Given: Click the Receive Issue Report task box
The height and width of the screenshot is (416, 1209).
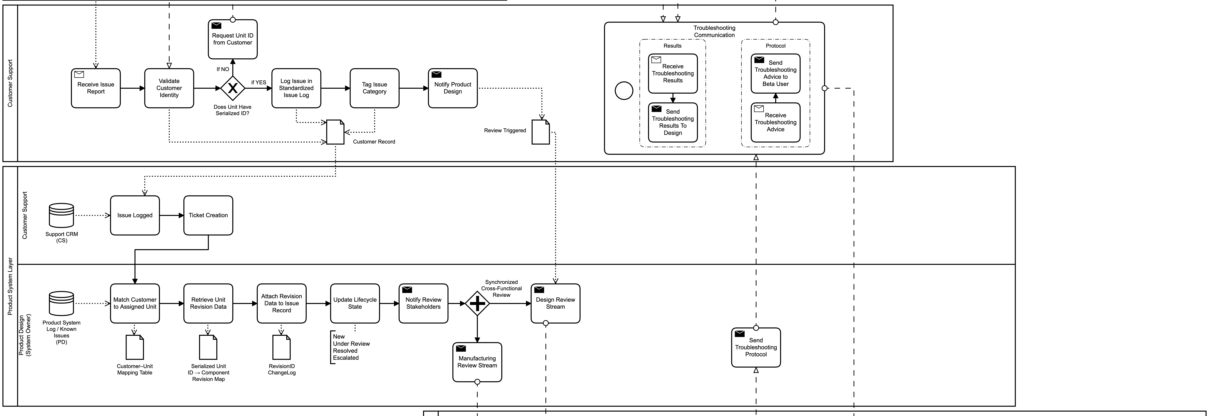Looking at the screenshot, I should pyautogui.click(x=96, y=88).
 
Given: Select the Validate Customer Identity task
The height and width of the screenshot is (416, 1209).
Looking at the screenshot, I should pyautogui.click(x=169, y=88).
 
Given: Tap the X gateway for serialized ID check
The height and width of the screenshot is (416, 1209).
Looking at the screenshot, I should pyautogui.click(x=232, y=88).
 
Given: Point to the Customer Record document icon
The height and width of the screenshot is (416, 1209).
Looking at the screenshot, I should pyautogui.click(x=335, y=132).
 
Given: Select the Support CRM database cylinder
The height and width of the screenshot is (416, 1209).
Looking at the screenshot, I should pyautogui.click(x=61, y=216).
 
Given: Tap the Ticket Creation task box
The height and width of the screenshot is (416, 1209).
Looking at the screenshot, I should pyautogui.click(x=208, y=216).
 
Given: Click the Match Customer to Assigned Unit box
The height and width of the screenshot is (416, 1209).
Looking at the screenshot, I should pyautogui.click(x=135, y=303).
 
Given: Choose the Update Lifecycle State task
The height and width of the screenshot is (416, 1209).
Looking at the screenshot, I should pyautogui.click(x=355, y=303).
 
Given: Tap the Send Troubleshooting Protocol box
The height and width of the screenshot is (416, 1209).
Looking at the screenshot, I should pyautogui.click(x=756, y=348).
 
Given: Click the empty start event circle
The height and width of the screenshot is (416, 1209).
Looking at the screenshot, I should pyautogui.click(x=624, y=91).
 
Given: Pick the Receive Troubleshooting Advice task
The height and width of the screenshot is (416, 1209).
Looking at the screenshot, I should pyautogui.click(x=775, y=122).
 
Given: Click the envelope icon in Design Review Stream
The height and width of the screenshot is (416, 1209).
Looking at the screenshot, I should pyautogui.click(x=539, y=290).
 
